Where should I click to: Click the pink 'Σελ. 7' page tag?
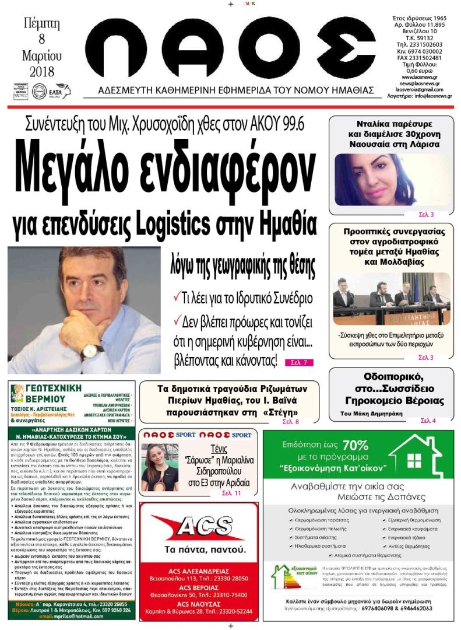point(299,362)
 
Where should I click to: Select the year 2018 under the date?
point(41,72)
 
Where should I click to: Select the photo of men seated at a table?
point(392,297)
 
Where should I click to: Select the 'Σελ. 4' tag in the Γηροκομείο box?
point(428,421)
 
